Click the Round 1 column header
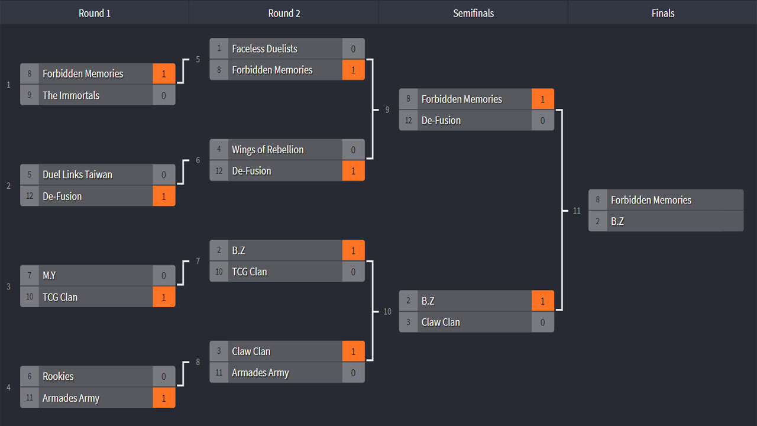[95, 13]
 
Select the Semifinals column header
[474, 13]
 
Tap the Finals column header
[663, 13]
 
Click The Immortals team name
[71, 95]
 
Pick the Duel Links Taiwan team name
[77, 175]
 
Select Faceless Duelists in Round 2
[264, 49]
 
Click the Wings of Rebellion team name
[268, 150]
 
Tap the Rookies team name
[58, 376]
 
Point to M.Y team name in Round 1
[49, 276]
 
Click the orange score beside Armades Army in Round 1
[164, 398]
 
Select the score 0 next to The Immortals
[164, 95]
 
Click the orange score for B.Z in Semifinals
[543, 301]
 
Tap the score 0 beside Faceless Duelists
[353, 49]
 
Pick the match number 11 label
[577, 211]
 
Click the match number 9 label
[387, 110]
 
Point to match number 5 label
[198, 60]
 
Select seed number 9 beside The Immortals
[30, 95]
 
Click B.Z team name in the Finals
[617, 221]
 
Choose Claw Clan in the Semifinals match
[441, 322]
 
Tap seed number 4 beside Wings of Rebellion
[219, 149]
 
